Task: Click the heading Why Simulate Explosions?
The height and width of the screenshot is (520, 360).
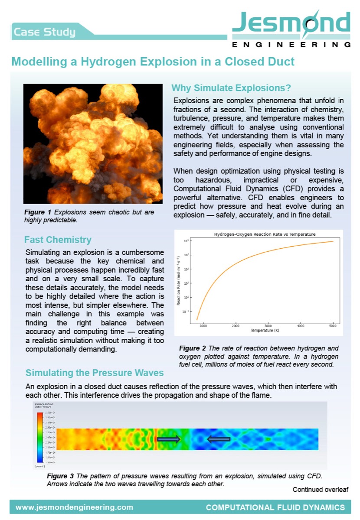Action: (x=232, y=88)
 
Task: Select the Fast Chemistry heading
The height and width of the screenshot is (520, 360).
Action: (x=58, y=240)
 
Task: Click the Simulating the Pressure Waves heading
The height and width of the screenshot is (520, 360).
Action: (x=95, y=373)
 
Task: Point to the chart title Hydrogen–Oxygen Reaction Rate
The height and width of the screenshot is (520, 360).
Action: (x=265, y=234)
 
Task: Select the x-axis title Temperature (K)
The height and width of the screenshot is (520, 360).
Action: (x=265, y=331)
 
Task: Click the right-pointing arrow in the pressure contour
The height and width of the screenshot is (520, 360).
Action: (x=168, y=439)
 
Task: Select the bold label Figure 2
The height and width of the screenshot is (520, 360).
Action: (x=189, y=348)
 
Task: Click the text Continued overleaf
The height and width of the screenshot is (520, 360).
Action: (x=320, y=490)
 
